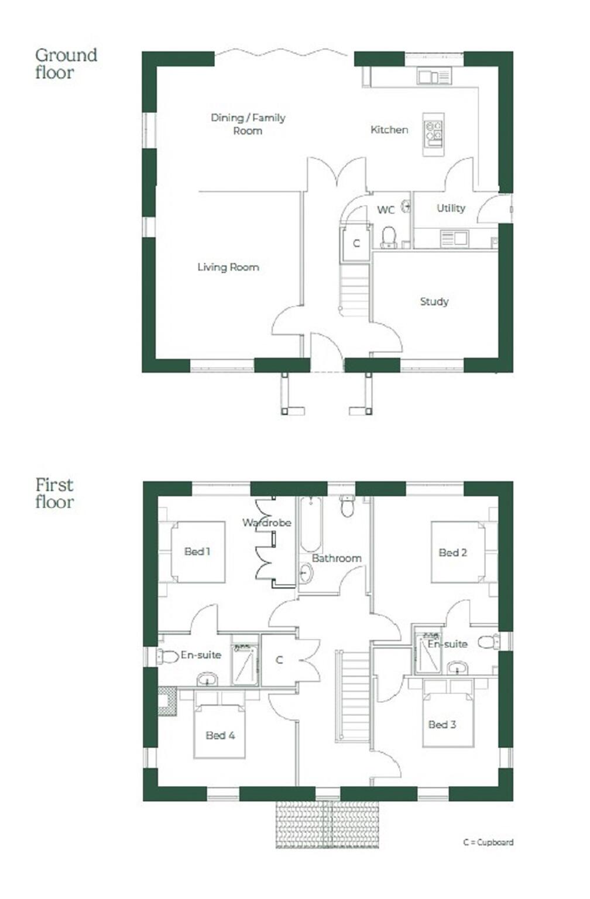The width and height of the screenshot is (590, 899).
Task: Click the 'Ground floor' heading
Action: (x=66, y=63)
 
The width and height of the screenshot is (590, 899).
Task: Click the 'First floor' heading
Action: (x=54, y=493)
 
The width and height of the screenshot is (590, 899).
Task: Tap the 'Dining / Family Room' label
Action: (x=248, y=123)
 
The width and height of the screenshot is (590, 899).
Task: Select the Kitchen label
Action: (x=389, y=129)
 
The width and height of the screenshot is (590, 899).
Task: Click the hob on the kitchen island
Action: (x=434, y=133)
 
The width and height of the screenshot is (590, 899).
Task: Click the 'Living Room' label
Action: (x=228, y=267)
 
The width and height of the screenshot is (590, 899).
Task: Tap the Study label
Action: (x=434, y=301)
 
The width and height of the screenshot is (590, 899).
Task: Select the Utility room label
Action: (x=451, y=208)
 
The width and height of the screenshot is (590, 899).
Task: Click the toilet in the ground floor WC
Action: (x=389, y=237)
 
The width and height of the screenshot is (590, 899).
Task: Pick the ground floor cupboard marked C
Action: (x=356, y=243)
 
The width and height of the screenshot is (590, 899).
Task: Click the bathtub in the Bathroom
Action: (x=310, y=524)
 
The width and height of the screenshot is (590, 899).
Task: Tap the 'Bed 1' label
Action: (x=197, y=551)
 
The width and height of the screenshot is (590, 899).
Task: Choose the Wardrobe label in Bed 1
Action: (x=267, y=523)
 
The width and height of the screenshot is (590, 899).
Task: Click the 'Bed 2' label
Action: (x=452, y=552)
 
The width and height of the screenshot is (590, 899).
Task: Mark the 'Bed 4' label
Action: (x=220, y=735)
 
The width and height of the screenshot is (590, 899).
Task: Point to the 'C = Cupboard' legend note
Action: (x=488, y=842)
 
